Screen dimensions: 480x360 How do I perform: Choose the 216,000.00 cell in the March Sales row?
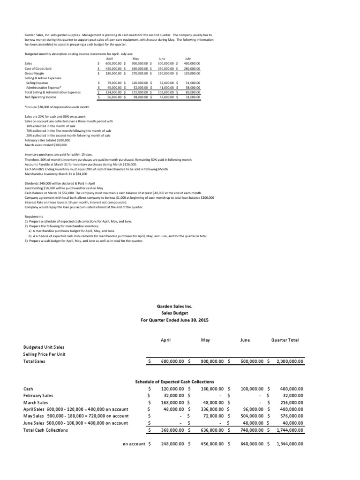click(x=292, y=402)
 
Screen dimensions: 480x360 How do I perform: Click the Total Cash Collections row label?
click(x=45, y=430)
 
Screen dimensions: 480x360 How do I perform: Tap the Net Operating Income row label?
click(x=40, y=97)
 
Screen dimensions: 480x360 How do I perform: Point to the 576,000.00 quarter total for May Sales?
click(x=292, y=416)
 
